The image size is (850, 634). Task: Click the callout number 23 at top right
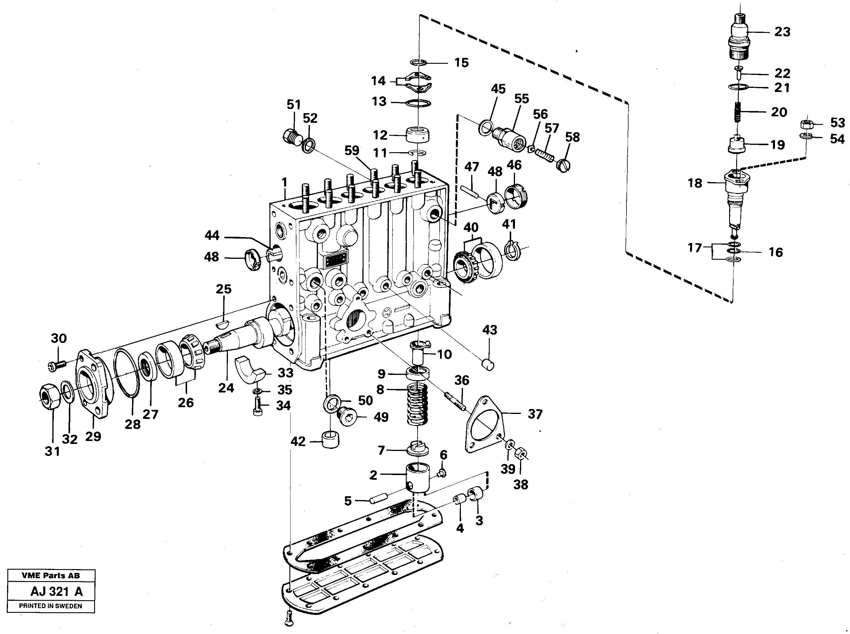[x=782, y=32]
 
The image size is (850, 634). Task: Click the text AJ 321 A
[x=56, y=591]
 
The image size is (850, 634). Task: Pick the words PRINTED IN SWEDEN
[x=50, y=606]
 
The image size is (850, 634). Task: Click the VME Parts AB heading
[x=51, y=576]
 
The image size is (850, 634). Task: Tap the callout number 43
[x=489, y=330]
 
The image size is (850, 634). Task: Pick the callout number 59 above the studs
[x=351, y=151]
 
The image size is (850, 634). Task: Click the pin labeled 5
[x=378, y=500]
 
